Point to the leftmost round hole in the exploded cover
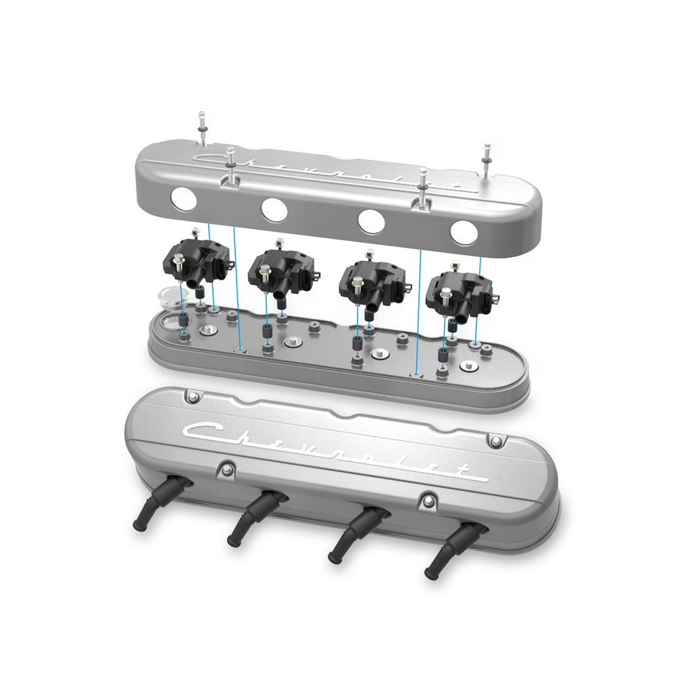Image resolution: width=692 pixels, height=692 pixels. (184, 199)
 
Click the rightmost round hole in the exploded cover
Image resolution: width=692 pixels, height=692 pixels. (464, 232)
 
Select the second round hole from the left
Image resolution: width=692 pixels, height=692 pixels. (274, 209)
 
